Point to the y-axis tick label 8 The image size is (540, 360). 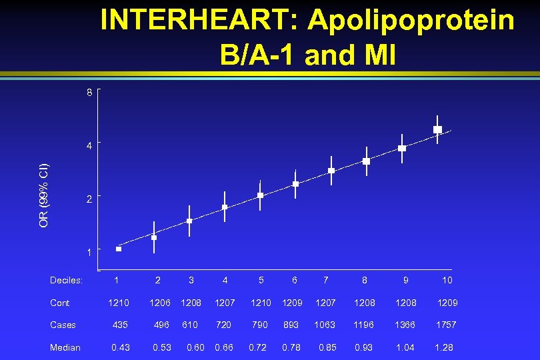point(89,93)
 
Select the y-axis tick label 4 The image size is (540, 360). point(89,144)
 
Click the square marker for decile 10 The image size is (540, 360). point(437,129)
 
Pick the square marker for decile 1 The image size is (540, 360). point(119,249)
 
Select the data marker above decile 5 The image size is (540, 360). point(260,195)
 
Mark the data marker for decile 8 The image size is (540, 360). point(366,161)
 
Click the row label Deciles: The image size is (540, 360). point(66,281)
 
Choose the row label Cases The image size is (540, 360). point(63,325)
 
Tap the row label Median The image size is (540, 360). point(65,347)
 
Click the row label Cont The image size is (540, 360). point(59,303)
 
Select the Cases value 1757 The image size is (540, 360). point(447,325)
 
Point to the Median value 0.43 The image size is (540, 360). point(121,347)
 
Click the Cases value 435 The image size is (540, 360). point(121,325)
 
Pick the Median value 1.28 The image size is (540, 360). point(445,347)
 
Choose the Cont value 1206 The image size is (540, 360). point(159,303)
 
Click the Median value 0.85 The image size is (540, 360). point(328,347)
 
